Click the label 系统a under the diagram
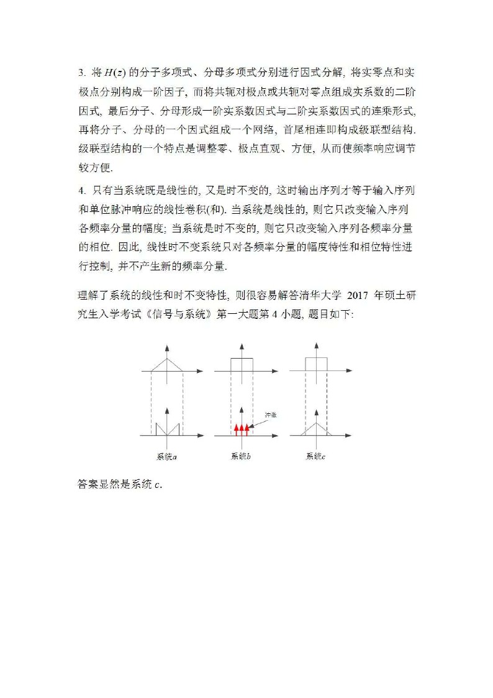[166, 457]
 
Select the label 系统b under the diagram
[241, 457]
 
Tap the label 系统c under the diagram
[315, 457]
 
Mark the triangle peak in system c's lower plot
[316, 423]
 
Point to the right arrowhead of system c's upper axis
[350, 371]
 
